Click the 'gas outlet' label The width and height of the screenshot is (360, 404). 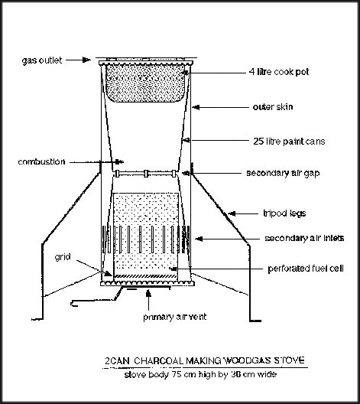[x=42, y=60]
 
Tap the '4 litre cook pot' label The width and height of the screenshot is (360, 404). [x=279, y=72]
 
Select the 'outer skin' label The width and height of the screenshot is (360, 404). [x=273, y=107]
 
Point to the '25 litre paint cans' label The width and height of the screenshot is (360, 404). [x=289, y=142]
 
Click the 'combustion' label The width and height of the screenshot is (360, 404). [x=41, y=161]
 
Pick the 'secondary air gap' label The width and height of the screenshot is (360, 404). [x=283, y=173]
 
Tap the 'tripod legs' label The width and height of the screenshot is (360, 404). [x=284, y=213]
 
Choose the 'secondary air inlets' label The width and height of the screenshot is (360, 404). [x=304, y=238]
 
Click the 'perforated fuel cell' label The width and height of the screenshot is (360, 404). [x=306, y=269]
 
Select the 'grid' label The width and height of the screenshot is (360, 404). [x=63, y=257]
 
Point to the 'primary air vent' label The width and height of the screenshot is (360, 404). [x=175, y=317]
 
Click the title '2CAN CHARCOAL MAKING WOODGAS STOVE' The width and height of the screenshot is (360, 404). [x=205, y=360]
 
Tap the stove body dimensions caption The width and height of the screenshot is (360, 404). [x=200, y=374]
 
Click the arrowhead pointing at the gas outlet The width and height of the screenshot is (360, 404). [x=86, y=60]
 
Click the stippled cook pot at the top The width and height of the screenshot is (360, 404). [x=145, y=83]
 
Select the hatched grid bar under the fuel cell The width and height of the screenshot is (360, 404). [x=145, y=276]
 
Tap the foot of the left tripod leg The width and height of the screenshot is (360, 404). [x=37, y=320]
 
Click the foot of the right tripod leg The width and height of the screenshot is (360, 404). [x=255, y=321]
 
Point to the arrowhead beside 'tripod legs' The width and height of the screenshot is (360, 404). [x=232, y=213]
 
